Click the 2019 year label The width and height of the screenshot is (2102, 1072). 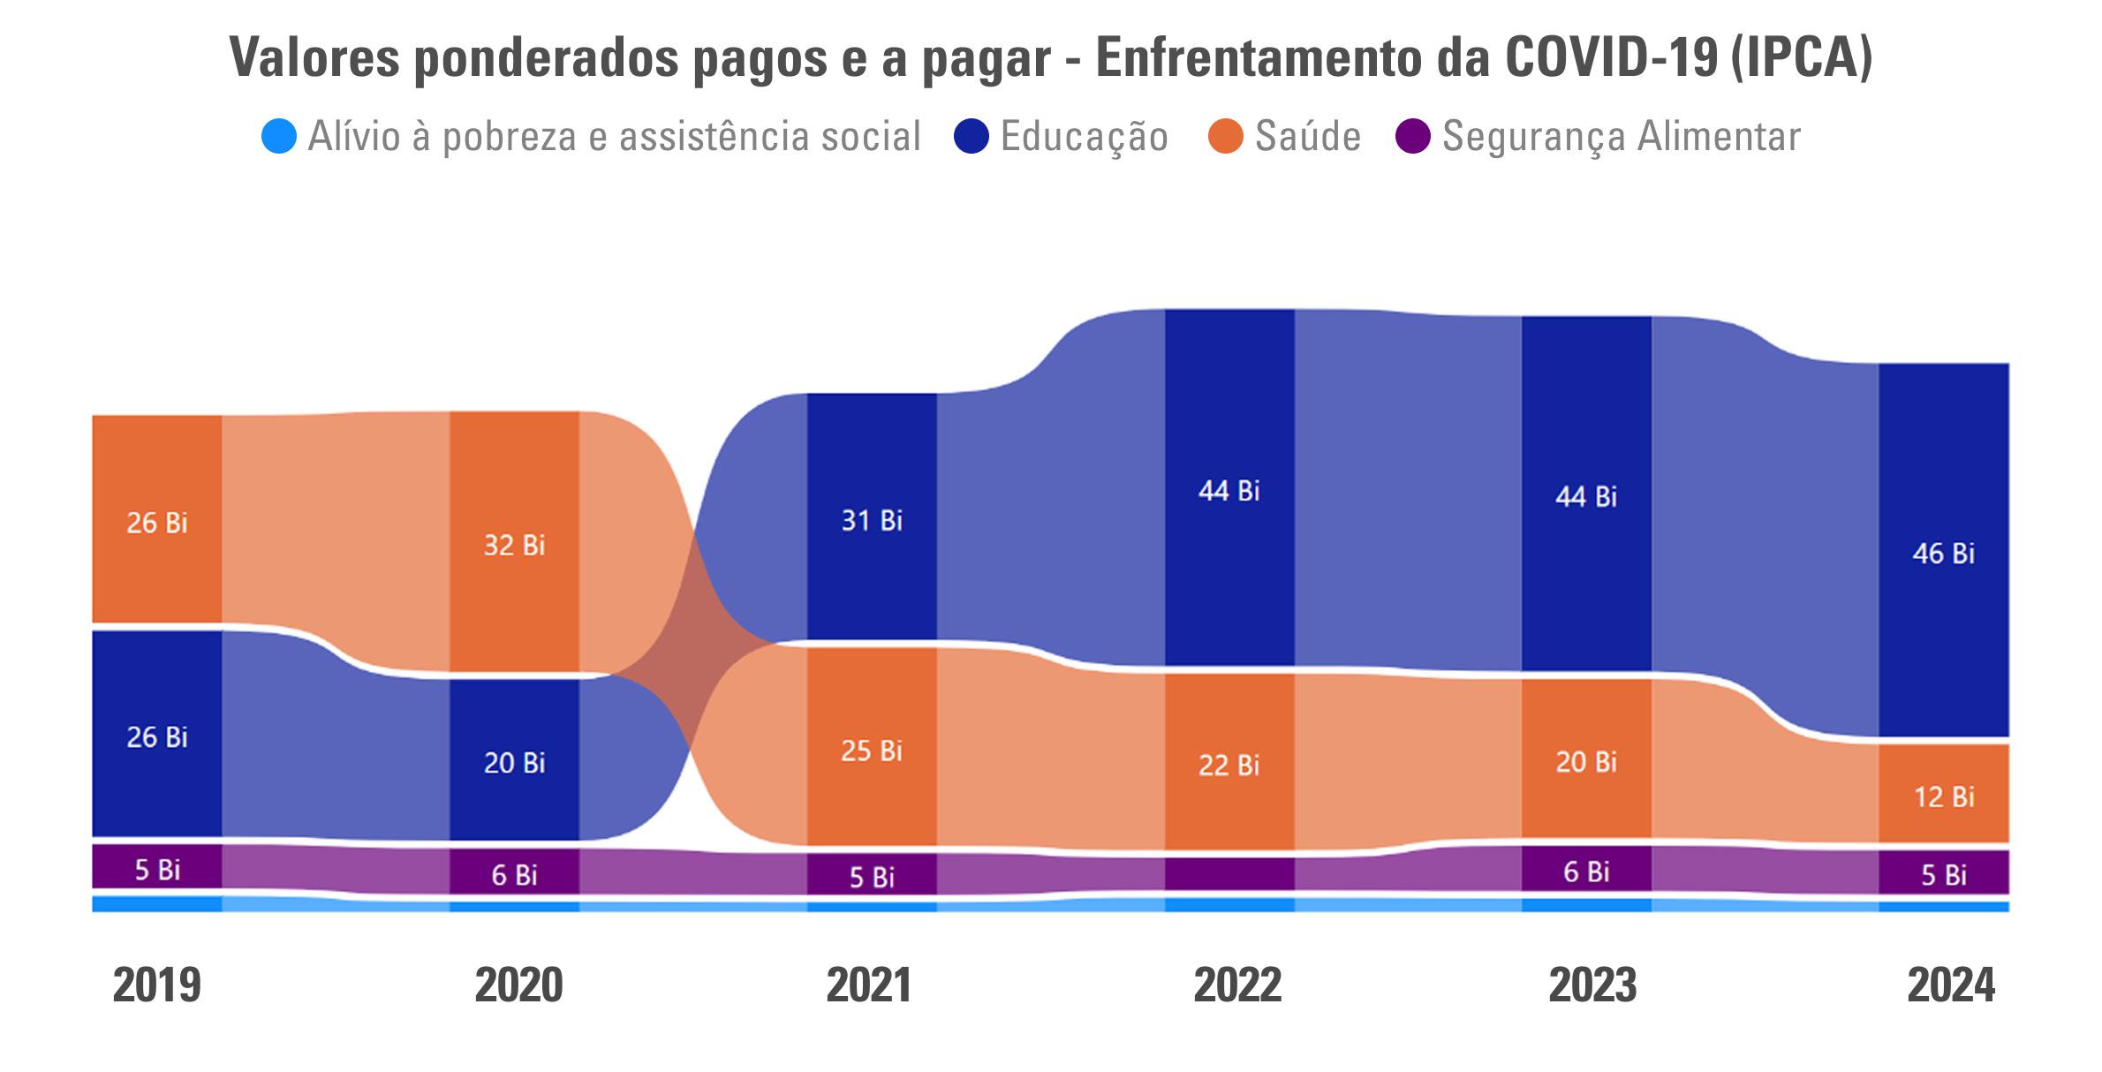(157, 985)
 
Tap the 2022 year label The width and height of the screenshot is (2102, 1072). (1237, 985)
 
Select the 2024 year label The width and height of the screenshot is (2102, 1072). (1951, 985)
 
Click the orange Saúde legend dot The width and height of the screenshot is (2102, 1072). (1226, 137)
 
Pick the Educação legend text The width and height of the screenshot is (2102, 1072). (1084, 137)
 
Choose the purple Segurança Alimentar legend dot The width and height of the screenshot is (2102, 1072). (1413, 137)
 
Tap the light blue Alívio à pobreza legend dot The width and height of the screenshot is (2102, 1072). (279, 137)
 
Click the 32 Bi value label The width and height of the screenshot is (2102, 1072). (514, 545)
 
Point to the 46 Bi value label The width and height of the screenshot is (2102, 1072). (1943, 554)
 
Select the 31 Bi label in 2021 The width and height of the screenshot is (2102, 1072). (872, 521)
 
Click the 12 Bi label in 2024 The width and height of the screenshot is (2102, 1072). (1943, 797)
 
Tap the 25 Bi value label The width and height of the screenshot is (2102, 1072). (872, 751)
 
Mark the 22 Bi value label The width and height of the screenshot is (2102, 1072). (1229, 765)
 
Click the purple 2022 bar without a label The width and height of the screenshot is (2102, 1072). (1229, 874)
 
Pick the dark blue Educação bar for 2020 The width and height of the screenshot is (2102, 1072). (514, 795)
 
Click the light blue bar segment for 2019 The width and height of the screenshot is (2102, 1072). (157, 904)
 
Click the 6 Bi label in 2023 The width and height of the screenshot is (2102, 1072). (1586, 872)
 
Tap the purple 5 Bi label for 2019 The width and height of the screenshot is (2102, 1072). (157, 870)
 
